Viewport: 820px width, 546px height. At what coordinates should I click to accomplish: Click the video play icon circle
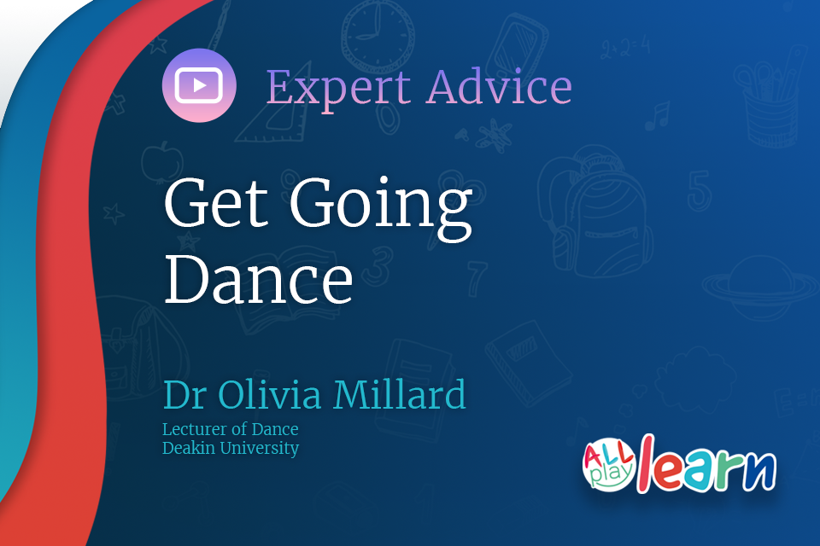pos(199,85)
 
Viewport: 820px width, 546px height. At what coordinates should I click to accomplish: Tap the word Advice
pos(500,86)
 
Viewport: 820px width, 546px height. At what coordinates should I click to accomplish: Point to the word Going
pos(381,209)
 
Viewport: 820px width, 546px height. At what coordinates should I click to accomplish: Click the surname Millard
pos(400,393)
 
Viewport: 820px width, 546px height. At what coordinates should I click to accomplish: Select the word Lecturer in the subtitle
pos(196,429)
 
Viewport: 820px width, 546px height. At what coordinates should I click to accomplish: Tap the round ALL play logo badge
pos(609,464)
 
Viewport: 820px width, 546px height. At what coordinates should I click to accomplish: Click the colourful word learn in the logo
pos(707,466)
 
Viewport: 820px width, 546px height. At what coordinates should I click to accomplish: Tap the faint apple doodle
pos(162,162)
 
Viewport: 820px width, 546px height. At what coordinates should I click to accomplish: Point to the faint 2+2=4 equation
pos(625,48)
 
